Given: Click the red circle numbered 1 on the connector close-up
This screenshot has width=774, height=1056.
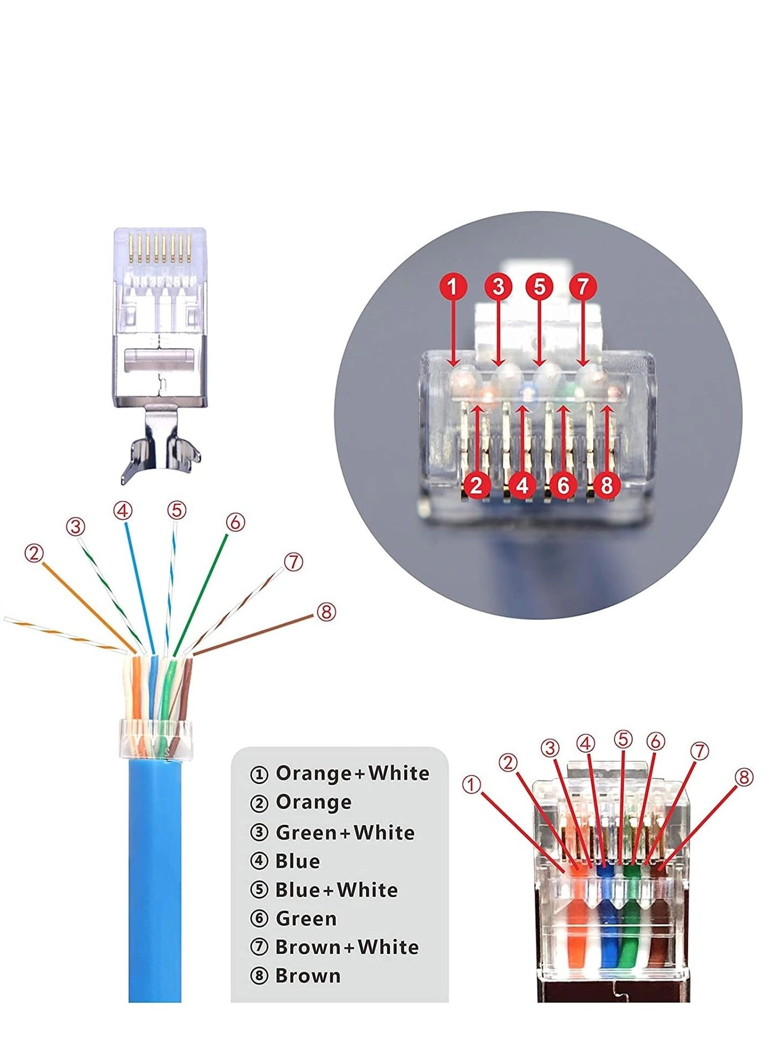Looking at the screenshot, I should click(453, 286).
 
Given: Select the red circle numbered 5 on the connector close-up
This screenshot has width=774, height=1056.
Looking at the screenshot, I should click(539, 286).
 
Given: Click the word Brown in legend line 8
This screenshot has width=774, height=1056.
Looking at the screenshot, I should click(308, 976).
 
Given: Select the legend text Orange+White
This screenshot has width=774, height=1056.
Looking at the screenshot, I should click(352, 773).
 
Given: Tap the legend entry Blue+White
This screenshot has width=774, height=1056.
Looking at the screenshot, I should click(336, 890).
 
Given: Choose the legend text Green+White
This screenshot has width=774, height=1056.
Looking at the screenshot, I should click(345, 832).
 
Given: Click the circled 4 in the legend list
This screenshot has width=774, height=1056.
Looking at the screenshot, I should click(259, 861).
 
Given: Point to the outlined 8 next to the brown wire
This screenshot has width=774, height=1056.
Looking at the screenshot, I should click(326, 611).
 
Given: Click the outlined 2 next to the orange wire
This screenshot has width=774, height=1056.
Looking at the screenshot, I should click(34, 553).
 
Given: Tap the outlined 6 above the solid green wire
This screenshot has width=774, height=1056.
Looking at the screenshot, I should click(236, 522).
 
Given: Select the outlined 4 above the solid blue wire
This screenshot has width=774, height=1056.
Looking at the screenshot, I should click(123, 510).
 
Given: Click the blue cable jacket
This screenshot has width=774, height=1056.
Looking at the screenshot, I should click(155, 885).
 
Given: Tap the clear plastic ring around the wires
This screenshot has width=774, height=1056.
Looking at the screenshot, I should click(155, 739).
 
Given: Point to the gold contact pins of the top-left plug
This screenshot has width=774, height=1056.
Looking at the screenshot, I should click(160, 248).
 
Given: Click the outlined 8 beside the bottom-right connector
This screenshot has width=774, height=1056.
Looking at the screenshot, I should click(744, 777).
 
